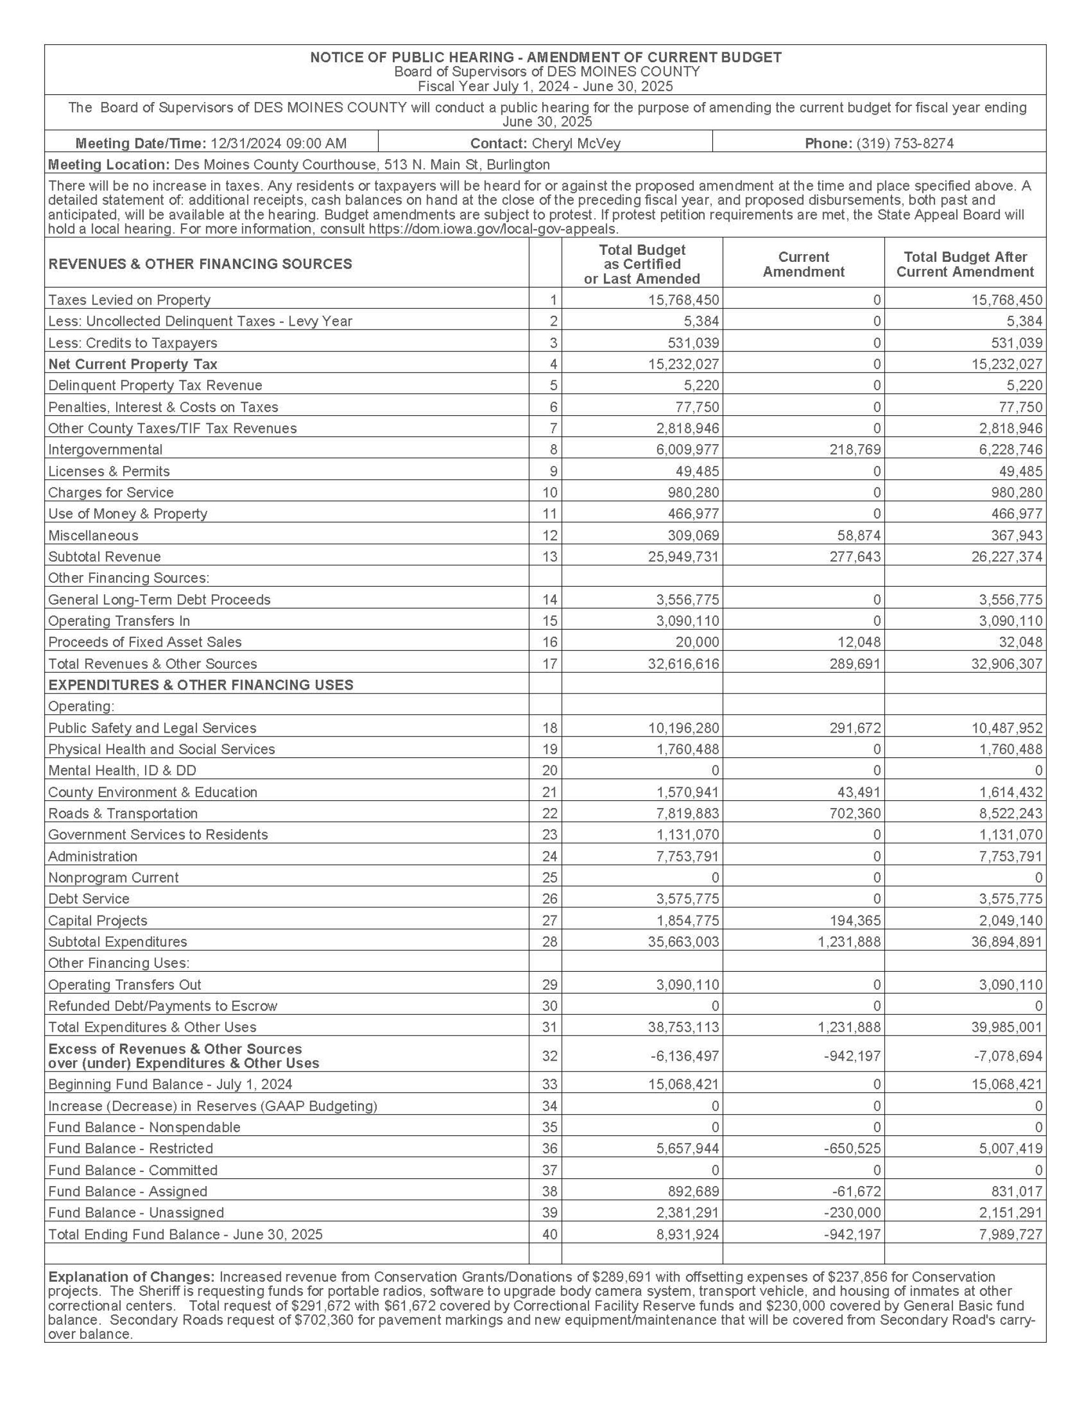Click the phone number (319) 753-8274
pos(904,143)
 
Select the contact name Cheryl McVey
pos(576,143)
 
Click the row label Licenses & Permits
pos(109,471)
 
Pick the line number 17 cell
pos(549,664)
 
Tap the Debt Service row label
pos(88,899)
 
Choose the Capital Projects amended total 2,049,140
pos(1006,920)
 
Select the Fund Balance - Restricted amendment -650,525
pos(853,1149)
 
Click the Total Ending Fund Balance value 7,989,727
pos(1006,1234)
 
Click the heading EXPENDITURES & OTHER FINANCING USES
pos(200,685)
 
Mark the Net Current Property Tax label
pos(133,364)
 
